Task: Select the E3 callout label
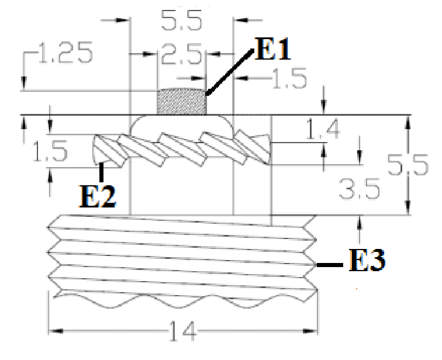367,260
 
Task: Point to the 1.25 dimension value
65,54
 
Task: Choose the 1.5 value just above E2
50,152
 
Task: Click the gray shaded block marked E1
181,102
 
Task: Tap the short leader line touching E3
330,266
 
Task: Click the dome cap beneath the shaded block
181,124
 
